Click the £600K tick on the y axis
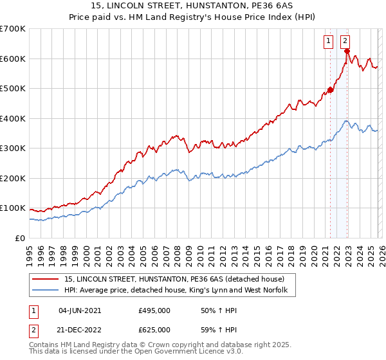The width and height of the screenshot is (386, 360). click(x=13, y=59)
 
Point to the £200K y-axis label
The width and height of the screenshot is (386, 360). click(x=13, y=178)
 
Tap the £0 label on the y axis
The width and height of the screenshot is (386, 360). click(x=21, y=238)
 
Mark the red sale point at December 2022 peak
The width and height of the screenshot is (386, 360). click(x=347, y=51)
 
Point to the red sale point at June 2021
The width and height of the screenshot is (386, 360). click(x=330, y=90)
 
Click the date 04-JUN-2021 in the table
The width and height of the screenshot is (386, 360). click(x=80, y=310)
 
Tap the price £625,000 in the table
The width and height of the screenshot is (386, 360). click(x=154, y=330)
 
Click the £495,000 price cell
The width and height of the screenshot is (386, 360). click(x=154, y=310)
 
